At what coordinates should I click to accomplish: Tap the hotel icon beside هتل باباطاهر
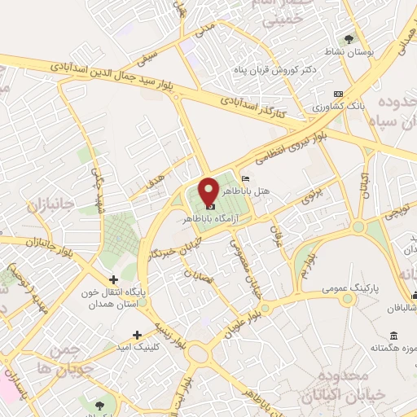246,178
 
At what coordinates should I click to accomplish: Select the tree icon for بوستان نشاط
349,39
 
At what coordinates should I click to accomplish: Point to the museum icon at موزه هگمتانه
394,336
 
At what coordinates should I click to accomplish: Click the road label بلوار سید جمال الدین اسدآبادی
117,75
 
